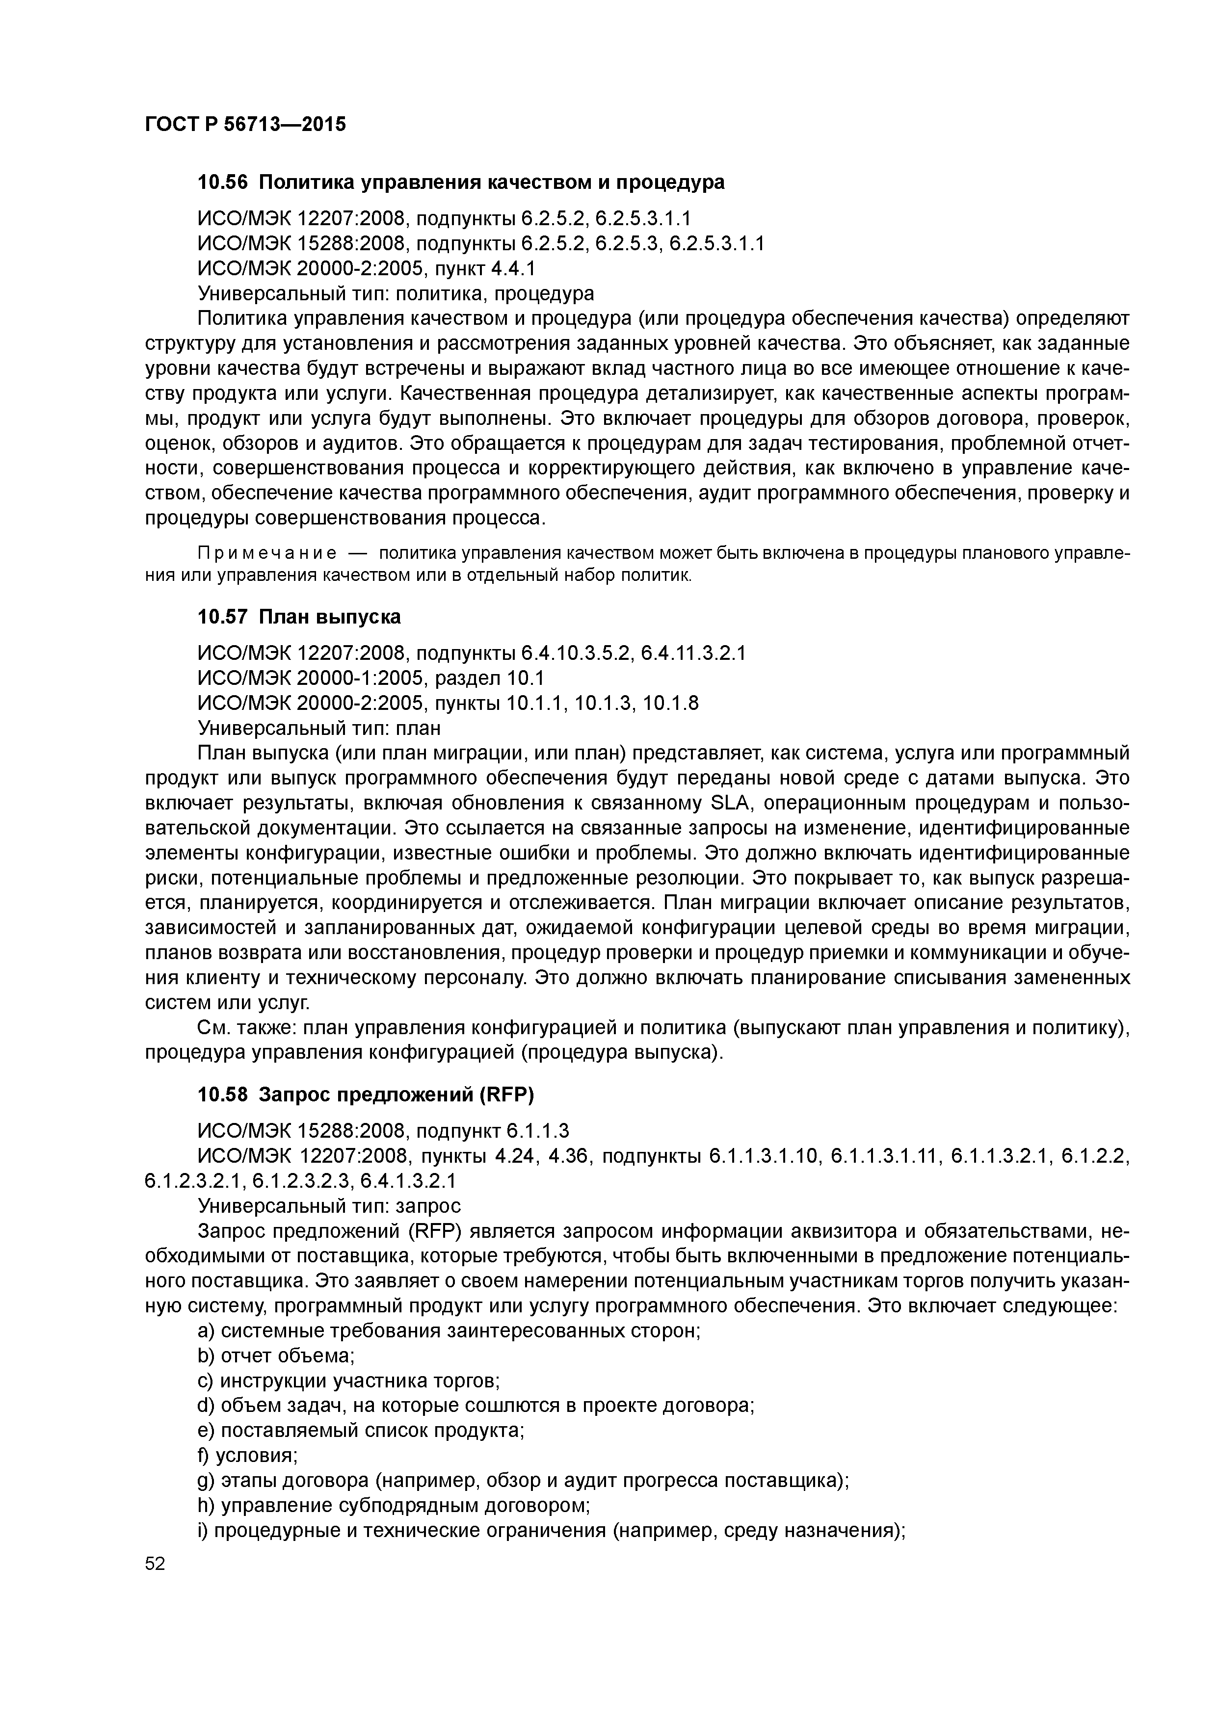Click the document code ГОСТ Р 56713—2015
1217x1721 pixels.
[245, 125]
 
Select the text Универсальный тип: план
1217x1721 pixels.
[318, 728]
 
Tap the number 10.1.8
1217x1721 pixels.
[671, 703]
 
